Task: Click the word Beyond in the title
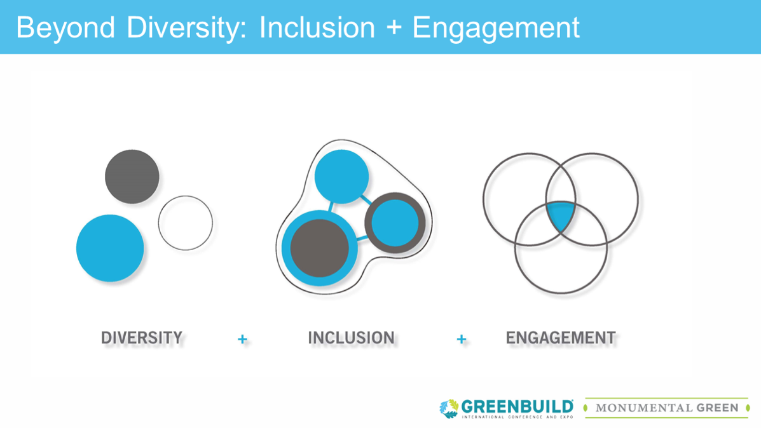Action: tap(65, 28)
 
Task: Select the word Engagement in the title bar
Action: tap(495, 28)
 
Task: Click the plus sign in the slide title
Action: tap(394, 28)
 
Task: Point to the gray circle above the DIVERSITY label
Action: tap(132, 177)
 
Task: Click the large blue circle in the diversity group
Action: tap(110, 248)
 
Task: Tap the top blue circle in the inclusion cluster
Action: tap(341, 177)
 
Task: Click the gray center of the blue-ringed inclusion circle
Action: tap(319, 248)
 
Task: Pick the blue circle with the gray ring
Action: tap(395, 223)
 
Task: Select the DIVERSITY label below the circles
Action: tap(142, 338)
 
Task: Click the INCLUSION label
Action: tap(352, 338)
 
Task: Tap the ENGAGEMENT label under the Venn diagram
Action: tap(561, 338)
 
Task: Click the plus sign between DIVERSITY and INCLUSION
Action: tap(242, 339)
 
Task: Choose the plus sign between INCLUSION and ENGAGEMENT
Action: tap(462, 339)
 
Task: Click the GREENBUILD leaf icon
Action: tap(449, 408)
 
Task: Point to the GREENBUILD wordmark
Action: tap(518, 406)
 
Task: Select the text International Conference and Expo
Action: tap(518, 417)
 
